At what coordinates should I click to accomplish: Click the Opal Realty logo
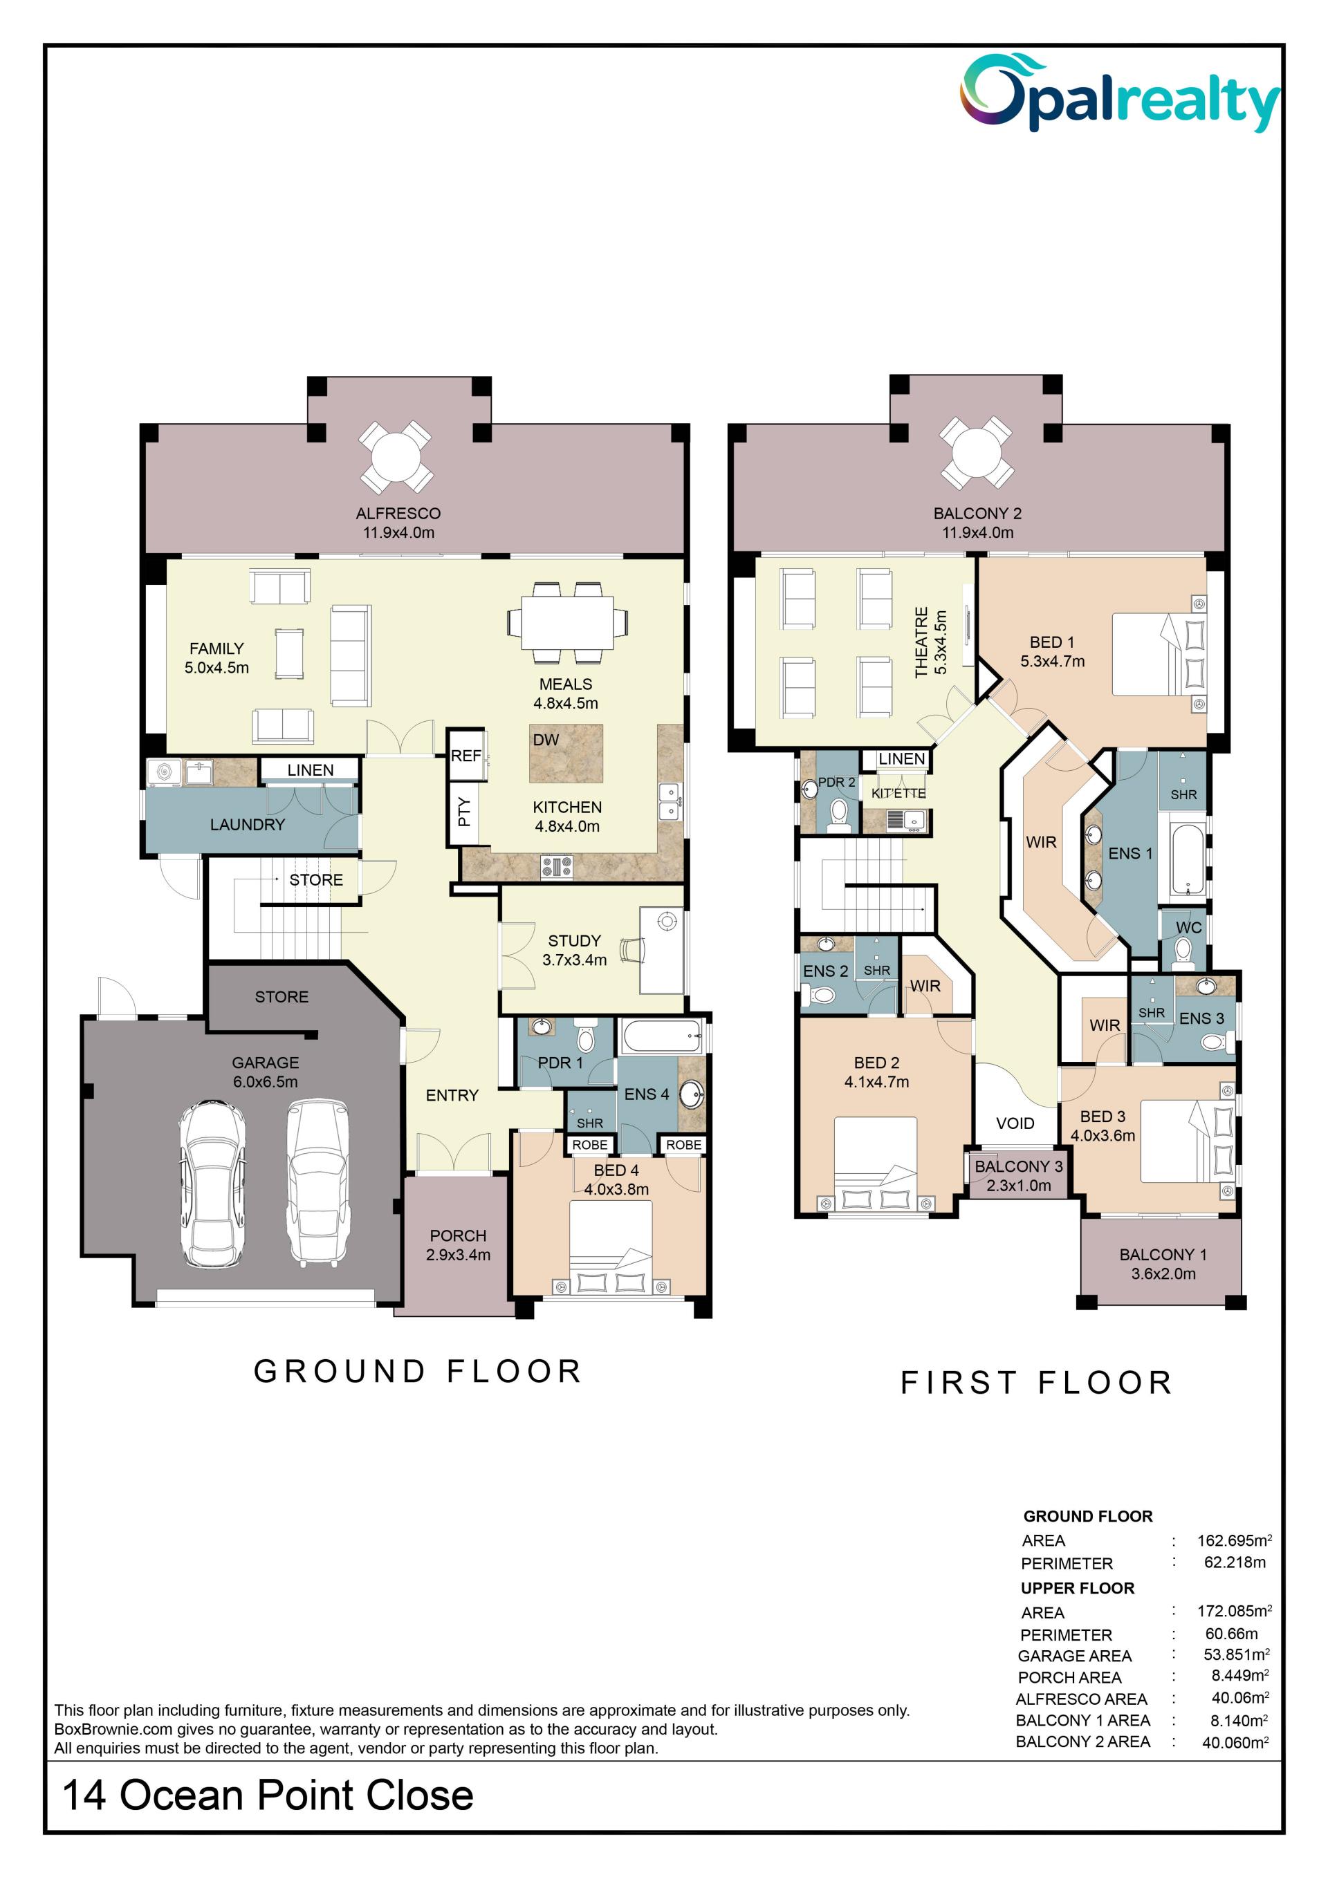[x=1120, y=93]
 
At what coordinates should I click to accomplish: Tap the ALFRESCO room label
[x=398, y=514]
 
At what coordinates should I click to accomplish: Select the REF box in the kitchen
[x=466, y=756]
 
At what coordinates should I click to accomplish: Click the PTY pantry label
[x=463, y=812]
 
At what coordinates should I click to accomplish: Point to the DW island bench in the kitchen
[x=566, y=753]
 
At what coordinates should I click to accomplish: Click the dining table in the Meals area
[x=567, y=623]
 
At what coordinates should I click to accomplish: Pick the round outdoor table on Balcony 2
[x=977, y=452]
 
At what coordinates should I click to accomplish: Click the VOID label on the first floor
[x=1015, y=1123]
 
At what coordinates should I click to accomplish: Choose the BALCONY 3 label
[x=1019, y=1166]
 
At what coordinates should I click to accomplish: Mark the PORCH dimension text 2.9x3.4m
[x=458, y=1255]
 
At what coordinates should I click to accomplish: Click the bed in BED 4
[x=611, y=1246]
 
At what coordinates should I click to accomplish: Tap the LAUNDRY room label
[x=248, y=825]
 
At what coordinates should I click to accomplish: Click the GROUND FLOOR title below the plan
[x=418, y=1371]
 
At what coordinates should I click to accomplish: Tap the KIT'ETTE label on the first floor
[x=898, y=793]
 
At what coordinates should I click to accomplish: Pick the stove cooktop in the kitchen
[x=557, y=866]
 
